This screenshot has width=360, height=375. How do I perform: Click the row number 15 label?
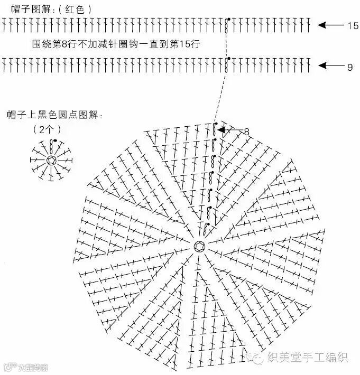click(353, 25)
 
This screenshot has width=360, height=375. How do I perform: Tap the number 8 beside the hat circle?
click(246, 130)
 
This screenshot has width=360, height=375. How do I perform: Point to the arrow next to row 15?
click(330, 25)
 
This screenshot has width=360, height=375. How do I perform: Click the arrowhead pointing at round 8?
click(222, 129)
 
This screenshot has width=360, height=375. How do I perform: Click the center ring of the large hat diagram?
click(199, 246)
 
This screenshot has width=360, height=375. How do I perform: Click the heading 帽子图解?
click(30, 9)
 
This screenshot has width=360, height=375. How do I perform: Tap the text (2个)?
click(47, 128)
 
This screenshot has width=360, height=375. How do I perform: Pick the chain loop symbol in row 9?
click(226, 65)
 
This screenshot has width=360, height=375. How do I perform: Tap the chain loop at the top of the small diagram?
click(52, 146)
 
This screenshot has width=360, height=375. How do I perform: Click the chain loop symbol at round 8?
click(215, 128)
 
